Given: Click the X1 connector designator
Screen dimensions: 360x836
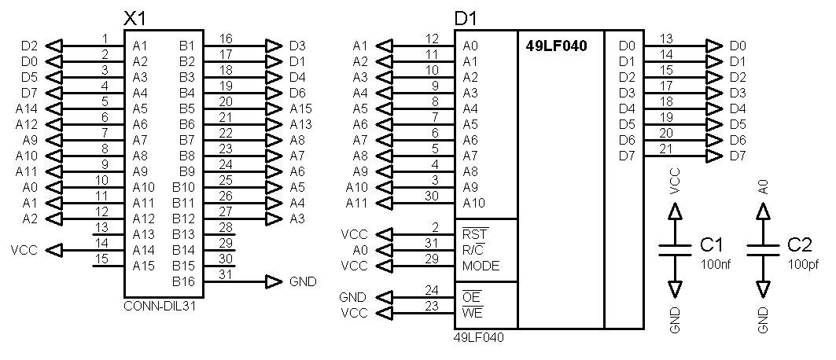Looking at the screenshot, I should pos(135,18).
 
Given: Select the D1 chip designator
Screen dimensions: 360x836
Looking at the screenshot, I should pos(466,18).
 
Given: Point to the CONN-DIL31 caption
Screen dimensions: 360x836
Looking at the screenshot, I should pos(160,307).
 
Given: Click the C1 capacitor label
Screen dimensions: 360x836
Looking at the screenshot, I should pos(711,245).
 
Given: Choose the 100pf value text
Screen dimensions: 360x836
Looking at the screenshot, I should pos(802,264).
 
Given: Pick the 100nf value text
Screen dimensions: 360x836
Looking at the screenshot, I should pos(715,264).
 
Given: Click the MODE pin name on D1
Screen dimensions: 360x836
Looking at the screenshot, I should pos(480,266).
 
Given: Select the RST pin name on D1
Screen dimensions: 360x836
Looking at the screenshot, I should pos(474,234).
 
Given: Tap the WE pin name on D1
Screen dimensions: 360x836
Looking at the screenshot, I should pos(473,313).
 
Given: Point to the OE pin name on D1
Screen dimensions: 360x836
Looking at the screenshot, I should pos(472,297).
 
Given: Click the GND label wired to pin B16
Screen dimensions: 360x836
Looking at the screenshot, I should pos(304,281).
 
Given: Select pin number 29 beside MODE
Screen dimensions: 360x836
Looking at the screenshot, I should pos(432,259).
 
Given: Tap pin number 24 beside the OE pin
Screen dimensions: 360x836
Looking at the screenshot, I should pos(432,290).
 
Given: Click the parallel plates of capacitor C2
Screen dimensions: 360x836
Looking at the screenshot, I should pos(761,249).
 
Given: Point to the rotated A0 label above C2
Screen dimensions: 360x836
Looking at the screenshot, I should pos(762,186).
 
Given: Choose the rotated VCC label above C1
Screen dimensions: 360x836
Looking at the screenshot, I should pos(674,182).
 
